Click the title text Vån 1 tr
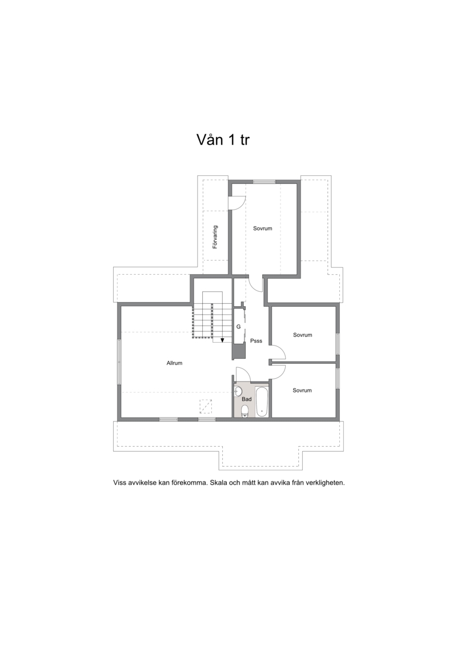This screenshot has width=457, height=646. pos(223,140)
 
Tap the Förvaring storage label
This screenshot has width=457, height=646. pos(215,237)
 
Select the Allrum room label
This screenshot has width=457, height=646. pos(174,363)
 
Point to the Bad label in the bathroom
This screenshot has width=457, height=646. pos(246,399)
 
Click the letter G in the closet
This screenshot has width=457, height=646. pos(238,327)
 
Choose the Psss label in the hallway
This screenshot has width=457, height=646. pos(256,341)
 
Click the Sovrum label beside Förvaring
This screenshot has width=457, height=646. pos(263,228)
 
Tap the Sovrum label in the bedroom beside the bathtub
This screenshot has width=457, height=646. pos(302,390)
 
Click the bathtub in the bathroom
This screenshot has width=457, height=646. pos(262,402)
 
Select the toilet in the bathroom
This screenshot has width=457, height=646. pos(244,411)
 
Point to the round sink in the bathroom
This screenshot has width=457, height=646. pos(238,391)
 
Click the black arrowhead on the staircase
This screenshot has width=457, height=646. pos(222,340)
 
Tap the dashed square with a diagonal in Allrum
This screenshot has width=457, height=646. pos(206,406)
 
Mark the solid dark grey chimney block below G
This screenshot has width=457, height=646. pos(239,351)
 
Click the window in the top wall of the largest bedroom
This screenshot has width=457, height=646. pos(264,181)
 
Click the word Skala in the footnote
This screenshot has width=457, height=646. pos(218,483)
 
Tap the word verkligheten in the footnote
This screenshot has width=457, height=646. pos(325,483)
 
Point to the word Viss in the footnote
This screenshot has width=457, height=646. pos(119,483)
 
